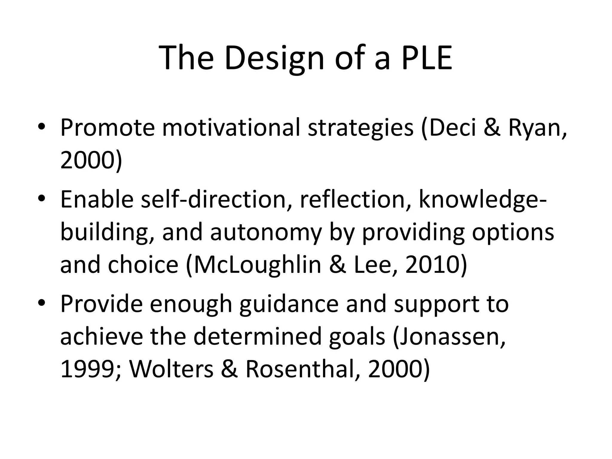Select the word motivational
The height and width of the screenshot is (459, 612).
(231, 128)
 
